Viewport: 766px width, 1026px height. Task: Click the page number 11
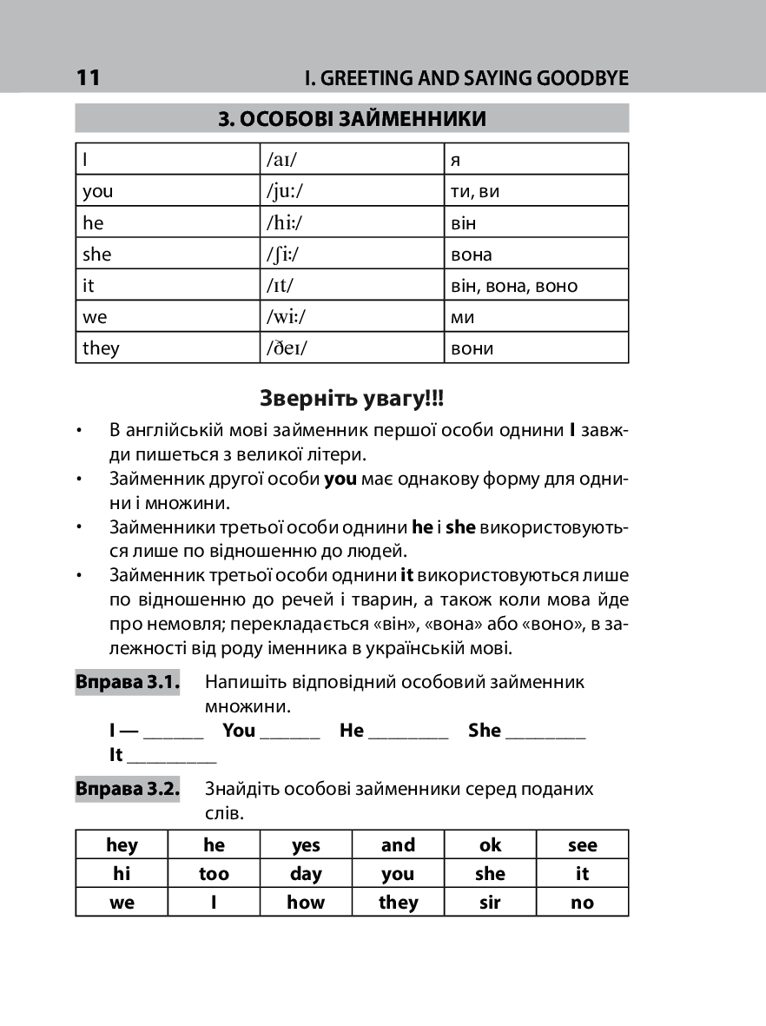point(89,78)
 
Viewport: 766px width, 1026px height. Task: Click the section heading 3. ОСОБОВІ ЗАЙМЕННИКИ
point(352,119)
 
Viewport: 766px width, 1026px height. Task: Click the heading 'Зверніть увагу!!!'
point(352,399)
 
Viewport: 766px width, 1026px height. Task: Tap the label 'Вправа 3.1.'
point(128,682)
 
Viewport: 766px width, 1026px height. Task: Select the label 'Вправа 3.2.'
point(128,790)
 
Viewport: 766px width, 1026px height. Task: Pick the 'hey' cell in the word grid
point(122,845)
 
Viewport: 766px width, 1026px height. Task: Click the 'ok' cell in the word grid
point(490,845)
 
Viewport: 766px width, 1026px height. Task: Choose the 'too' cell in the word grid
point(214,874)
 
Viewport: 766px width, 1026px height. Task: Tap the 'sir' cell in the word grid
point(490,903)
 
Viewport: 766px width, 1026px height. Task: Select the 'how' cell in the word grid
point(306,903)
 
